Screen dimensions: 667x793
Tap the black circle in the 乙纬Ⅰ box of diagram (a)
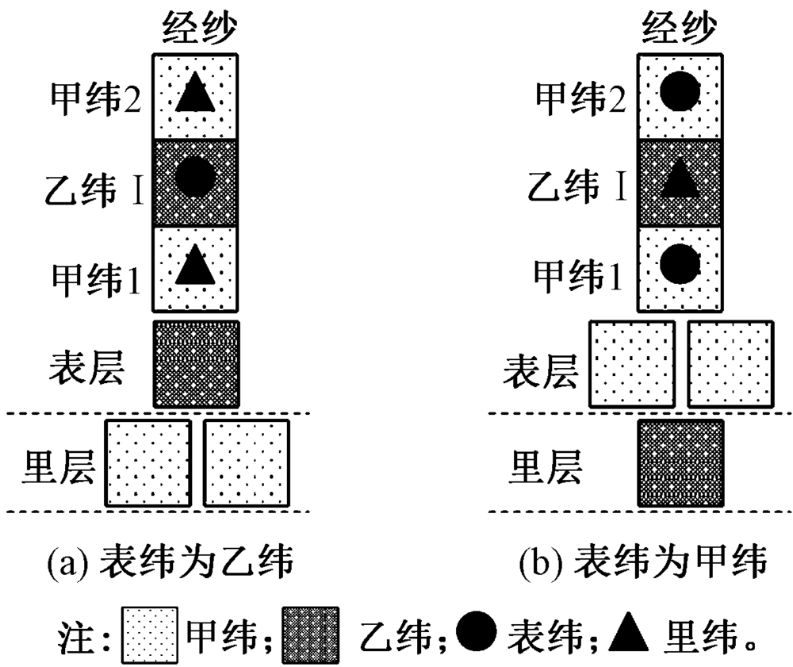click(x=194, y=179)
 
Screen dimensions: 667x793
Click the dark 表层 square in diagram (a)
click(x=196, y=363)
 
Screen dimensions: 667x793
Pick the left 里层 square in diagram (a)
click(x=149, y=463)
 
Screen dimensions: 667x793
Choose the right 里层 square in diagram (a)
click(x=247, y=463)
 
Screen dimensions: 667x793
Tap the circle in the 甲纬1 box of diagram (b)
click(x=680, y=264)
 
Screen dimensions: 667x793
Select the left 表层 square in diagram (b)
click(x=631, y=363)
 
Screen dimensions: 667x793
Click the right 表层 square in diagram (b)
click(x=730, y=363)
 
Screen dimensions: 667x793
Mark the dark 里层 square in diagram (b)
click(x=680, y=463)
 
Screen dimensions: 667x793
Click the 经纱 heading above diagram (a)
click(x=196, y=30)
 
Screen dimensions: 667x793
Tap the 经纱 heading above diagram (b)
click(x=680, y=30)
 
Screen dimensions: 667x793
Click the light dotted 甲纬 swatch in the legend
click(x=151, y=634)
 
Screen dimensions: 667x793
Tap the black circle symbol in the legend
click(x=478, y=632)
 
